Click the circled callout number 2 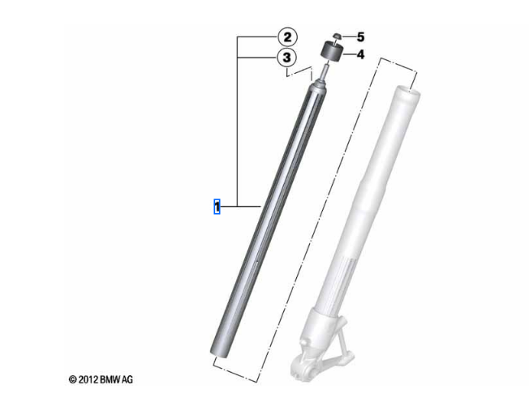coord(287,37)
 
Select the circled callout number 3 coord(286,58)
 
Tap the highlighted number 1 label coord(217,207)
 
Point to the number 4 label coord(361,54)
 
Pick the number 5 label coord(361,37)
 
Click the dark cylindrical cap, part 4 coord(331,52)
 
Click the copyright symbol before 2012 coord(72,379)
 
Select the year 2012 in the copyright coord(88,379)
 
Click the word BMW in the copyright coord(110,379)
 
